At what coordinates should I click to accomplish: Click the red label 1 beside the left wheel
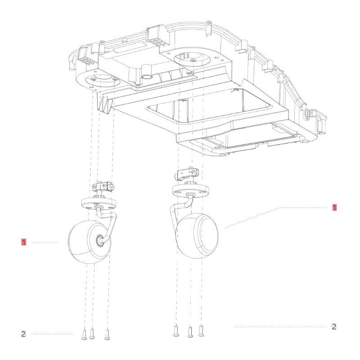(x=23, y=242)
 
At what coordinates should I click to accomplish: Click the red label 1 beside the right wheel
(x=334, y=207)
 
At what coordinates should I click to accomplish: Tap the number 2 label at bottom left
(x=23, y=334)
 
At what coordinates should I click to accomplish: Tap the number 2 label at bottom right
(x=334, y=327)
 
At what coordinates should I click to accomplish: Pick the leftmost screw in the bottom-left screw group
(x=84, y=334)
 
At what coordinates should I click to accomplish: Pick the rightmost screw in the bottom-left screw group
(x=107, y=334)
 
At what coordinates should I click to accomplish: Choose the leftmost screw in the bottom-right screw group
(x=177, y=332)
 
